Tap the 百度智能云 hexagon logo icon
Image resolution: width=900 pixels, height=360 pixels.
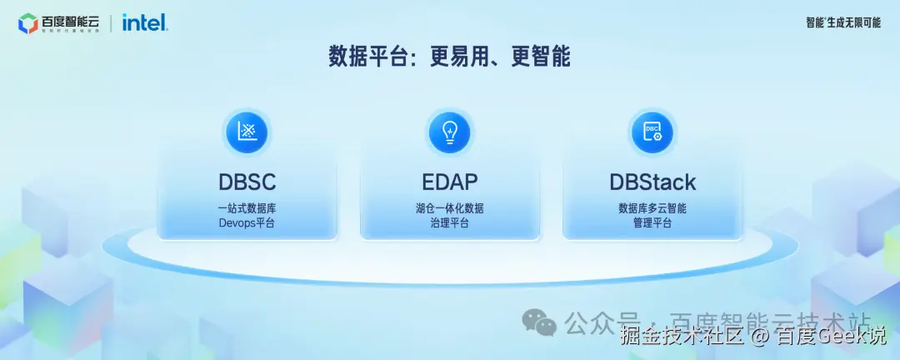27,23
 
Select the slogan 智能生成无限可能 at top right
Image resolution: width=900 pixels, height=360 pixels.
842,22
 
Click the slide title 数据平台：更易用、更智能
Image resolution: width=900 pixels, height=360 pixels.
449,57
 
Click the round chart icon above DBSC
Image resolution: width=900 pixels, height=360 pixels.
247,132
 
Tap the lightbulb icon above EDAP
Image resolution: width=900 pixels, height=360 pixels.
449,132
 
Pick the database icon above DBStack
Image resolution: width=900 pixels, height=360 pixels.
652,132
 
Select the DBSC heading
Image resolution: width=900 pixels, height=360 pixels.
247,182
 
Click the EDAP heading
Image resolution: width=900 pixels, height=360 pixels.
449,182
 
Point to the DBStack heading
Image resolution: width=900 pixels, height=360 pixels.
652,182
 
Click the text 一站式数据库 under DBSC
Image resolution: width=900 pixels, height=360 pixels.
247,207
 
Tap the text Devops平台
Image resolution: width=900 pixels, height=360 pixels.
247,223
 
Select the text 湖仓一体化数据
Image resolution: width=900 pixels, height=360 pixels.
449,207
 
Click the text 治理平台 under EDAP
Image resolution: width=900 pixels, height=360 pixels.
449,223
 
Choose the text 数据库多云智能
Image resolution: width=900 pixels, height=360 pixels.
652,207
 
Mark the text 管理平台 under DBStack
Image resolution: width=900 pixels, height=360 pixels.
652,223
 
